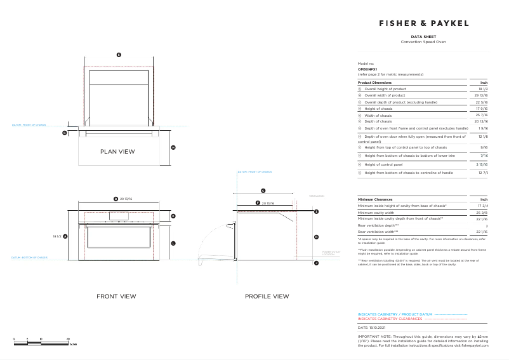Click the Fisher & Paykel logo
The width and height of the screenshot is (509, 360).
424,23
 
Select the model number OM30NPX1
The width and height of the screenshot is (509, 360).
367,69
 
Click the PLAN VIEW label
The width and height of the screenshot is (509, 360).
117,152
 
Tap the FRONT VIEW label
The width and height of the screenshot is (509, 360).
116,297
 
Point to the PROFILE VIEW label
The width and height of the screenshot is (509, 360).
267,297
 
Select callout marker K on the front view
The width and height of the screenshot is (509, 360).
173,216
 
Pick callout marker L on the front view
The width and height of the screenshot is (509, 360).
173,243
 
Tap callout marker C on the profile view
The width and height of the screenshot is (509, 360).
263,190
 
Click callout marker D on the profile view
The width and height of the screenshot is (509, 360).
317,237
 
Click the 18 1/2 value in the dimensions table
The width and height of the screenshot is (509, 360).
482,90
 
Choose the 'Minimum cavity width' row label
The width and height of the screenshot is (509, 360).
376,213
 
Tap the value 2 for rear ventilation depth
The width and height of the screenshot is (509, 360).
486,226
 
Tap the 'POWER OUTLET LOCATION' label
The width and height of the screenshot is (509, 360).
331,253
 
